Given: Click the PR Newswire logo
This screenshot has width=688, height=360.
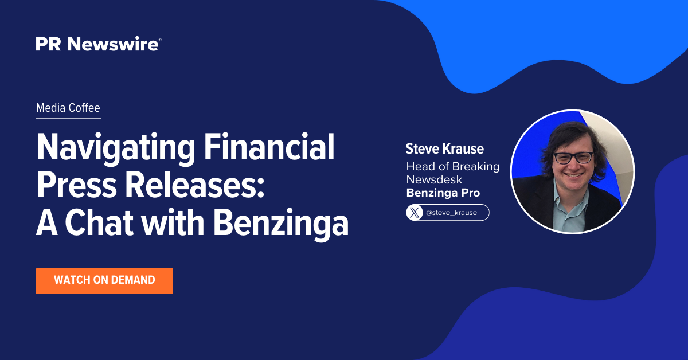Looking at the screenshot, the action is pos(98,44).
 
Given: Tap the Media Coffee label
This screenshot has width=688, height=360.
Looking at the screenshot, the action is pos(68,108).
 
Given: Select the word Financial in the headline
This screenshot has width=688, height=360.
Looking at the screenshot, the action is pos(269,147).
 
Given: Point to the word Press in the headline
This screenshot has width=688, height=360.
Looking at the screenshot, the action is pos(76,185).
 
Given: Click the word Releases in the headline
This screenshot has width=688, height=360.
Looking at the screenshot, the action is pos(195,185).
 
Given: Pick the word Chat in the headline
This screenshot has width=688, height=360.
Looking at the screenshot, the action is pos(99,222).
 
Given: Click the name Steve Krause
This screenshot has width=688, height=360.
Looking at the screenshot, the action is pos(444,148).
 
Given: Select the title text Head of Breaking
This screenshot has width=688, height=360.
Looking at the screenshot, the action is pos(453,166).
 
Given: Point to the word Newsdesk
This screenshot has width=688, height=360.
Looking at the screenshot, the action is pos(434,179).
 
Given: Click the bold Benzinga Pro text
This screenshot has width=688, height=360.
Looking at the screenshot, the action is pos(443,193).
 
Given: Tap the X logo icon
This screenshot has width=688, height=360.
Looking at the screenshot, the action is pos(415,213).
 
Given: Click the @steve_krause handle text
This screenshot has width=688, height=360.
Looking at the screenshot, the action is pos(451,213).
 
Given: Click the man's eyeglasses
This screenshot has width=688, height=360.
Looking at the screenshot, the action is pos(573,158).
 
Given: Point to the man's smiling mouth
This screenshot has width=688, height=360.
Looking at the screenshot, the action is pos(574,175).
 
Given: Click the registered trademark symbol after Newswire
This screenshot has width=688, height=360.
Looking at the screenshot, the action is pos(160,40).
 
